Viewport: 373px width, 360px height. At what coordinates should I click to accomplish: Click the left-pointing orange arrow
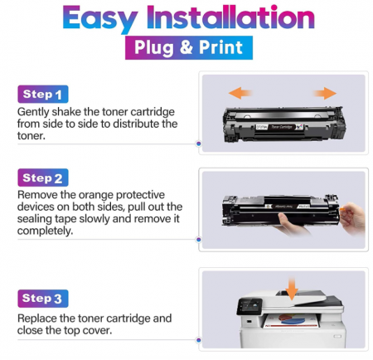pyautogui.click(x=241, y=92)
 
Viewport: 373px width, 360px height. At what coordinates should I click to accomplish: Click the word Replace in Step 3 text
pyautogui.click(x=40, y=318)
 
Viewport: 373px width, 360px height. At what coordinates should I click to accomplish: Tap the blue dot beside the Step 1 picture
pyautogui.click(x=198, y=144)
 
